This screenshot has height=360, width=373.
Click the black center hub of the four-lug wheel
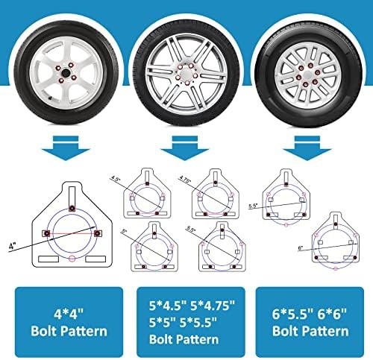tap(66, 73)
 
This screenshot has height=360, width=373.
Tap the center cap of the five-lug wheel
tap(186, 75)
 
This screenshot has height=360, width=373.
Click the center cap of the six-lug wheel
tap(308, 74)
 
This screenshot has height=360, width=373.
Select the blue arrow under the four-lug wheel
tap(66, 148)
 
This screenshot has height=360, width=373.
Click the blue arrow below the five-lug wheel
tap(185, 148)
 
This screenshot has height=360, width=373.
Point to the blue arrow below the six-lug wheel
tap(307, 148)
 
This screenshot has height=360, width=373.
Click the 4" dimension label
tap(12, 247)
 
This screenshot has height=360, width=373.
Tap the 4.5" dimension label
tap(115, 178)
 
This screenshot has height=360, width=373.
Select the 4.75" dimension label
tap(184, 180)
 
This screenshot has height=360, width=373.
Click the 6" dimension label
tap(301, 247)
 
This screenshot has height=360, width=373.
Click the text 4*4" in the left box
tap(69, 314)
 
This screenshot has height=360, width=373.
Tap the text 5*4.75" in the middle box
tap(213, 306)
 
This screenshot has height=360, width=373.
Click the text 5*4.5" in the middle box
tap(168, 306)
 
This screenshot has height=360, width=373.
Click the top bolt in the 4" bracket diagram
tap(72, 208)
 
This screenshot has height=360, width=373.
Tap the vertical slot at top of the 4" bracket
tap(72, 196)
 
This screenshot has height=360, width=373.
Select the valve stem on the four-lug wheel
tap(51, 98)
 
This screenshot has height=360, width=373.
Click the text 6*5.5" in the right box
tap(292, 314)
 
